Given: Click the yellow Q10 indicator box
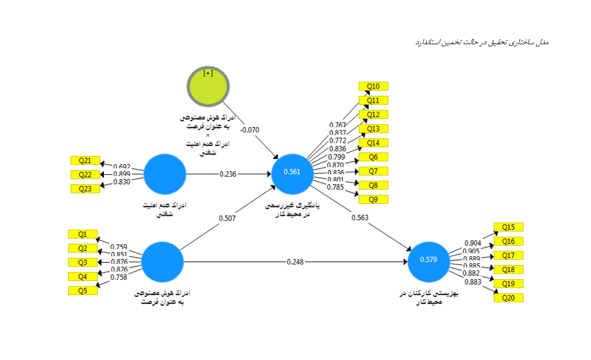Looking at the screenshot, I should pos(373,86).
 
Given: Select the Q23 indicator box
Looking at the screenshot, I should pos(85,189).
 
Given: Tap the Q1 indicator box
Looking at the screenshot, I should pos(82,234).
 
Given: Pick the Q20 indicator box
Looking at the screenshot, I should pos(508,298).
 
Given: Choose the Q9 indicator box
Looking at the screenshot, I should pos(373,199).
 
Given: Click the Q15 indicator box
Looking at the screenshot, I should pos(508,227).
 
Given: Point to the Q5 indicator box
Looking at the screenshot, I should pos(82,291).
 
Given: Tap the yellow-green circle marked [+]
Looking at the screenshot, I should pos(208,88).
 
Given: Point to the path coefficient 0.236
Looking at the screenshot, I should pos(228,174).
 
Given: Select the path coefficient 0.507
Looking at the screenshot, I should pos(228,219).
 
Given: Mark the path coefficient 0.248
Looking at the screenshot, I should pos(295,262).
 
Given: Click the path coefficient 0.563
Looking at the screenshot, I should pos(359,217).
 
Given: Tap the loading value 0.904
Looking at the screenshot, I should pos(472,243).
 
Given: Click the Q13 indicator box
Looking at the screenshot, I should pos(373,129).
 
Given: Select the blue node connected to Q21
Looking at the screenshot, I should pos(164,174).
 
